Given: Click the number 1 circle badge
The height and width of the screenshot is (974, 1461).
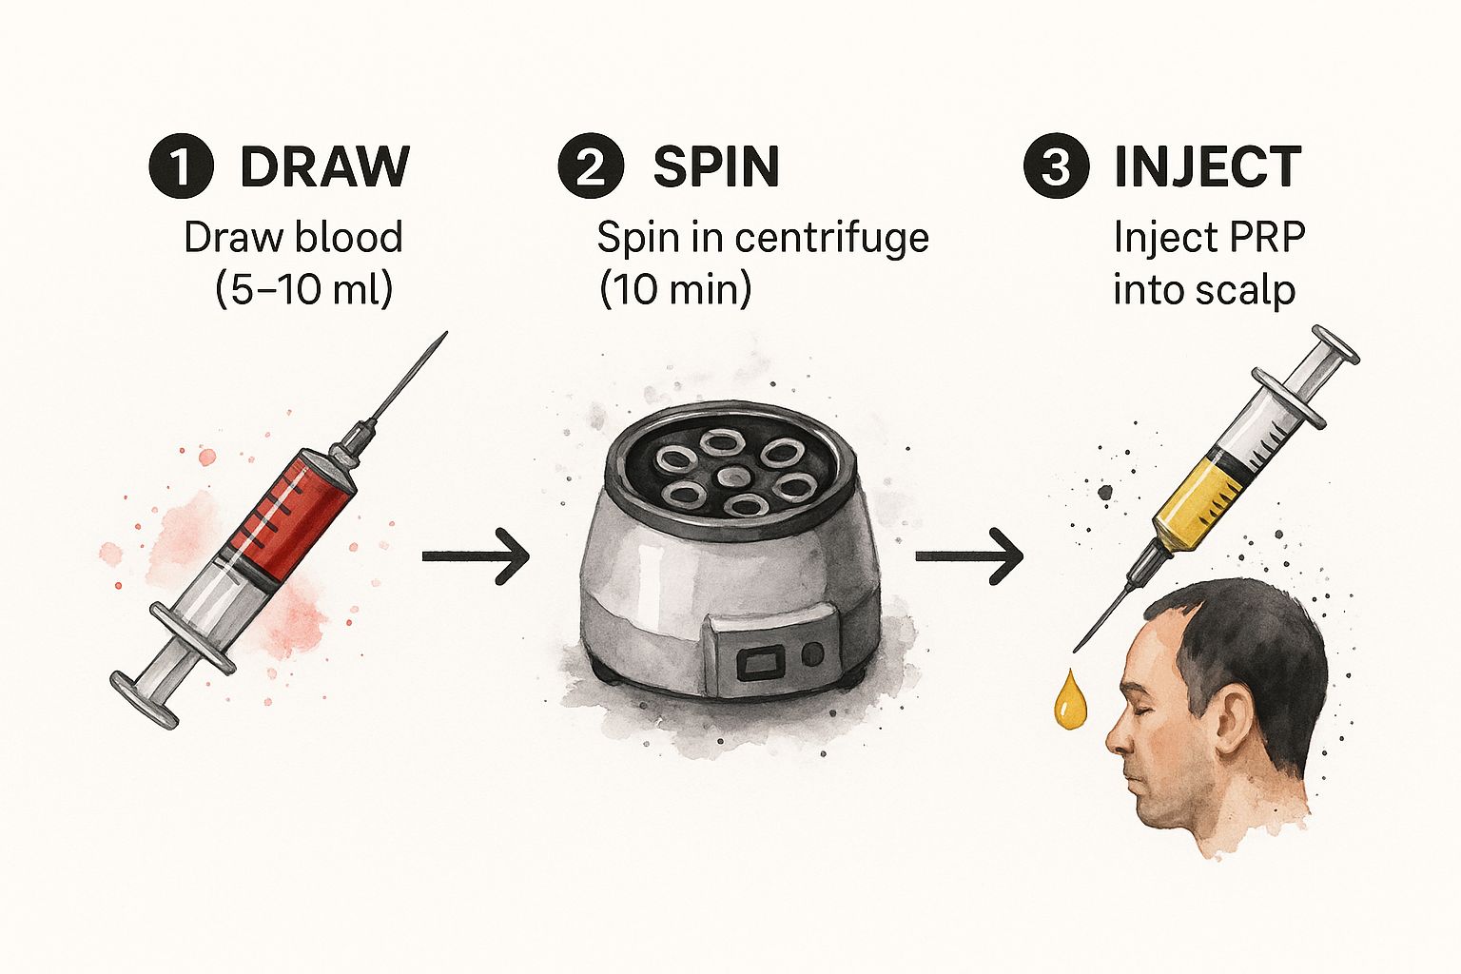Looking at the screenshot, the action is coord(182,166).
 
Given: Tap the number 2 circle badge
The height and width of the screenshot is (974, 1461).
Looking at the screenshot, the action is coord(591,166).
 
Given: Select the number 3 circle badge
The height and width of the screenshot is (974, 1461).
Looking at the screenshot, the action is coord(1057,166).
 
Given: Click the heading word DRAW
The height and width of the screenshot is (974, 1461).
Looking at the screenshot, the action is coord(324,166).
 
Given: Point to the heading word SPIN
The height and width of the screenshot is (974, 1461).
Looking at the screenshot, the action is coord(716,166).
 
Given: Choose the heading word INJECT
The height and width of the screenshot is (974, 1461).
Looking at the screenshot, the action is coord(1208,166).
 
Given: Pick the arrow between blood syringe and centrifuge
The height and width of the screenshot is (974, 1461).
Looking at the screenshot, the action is coord(476,556).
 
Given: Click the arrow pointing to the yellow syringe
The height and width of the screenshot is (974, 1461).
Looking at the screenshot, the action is coord(969,556).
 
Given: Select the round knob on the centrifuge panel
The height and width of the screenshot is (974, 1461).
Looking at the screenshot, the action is coord(811,654).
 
